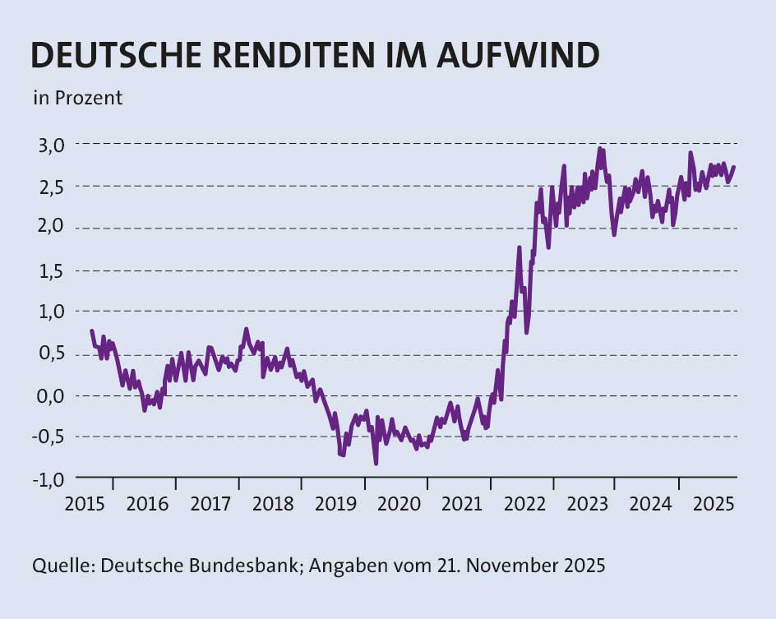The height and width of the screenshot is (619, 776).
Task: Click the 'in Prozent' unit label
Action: (x=77, y=98)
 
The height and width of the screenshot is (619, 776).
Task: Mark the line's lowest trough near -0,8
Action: (x=376, y=463)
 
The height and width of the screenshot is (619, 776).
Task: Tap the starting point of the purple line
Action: (x=90, y=330)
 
